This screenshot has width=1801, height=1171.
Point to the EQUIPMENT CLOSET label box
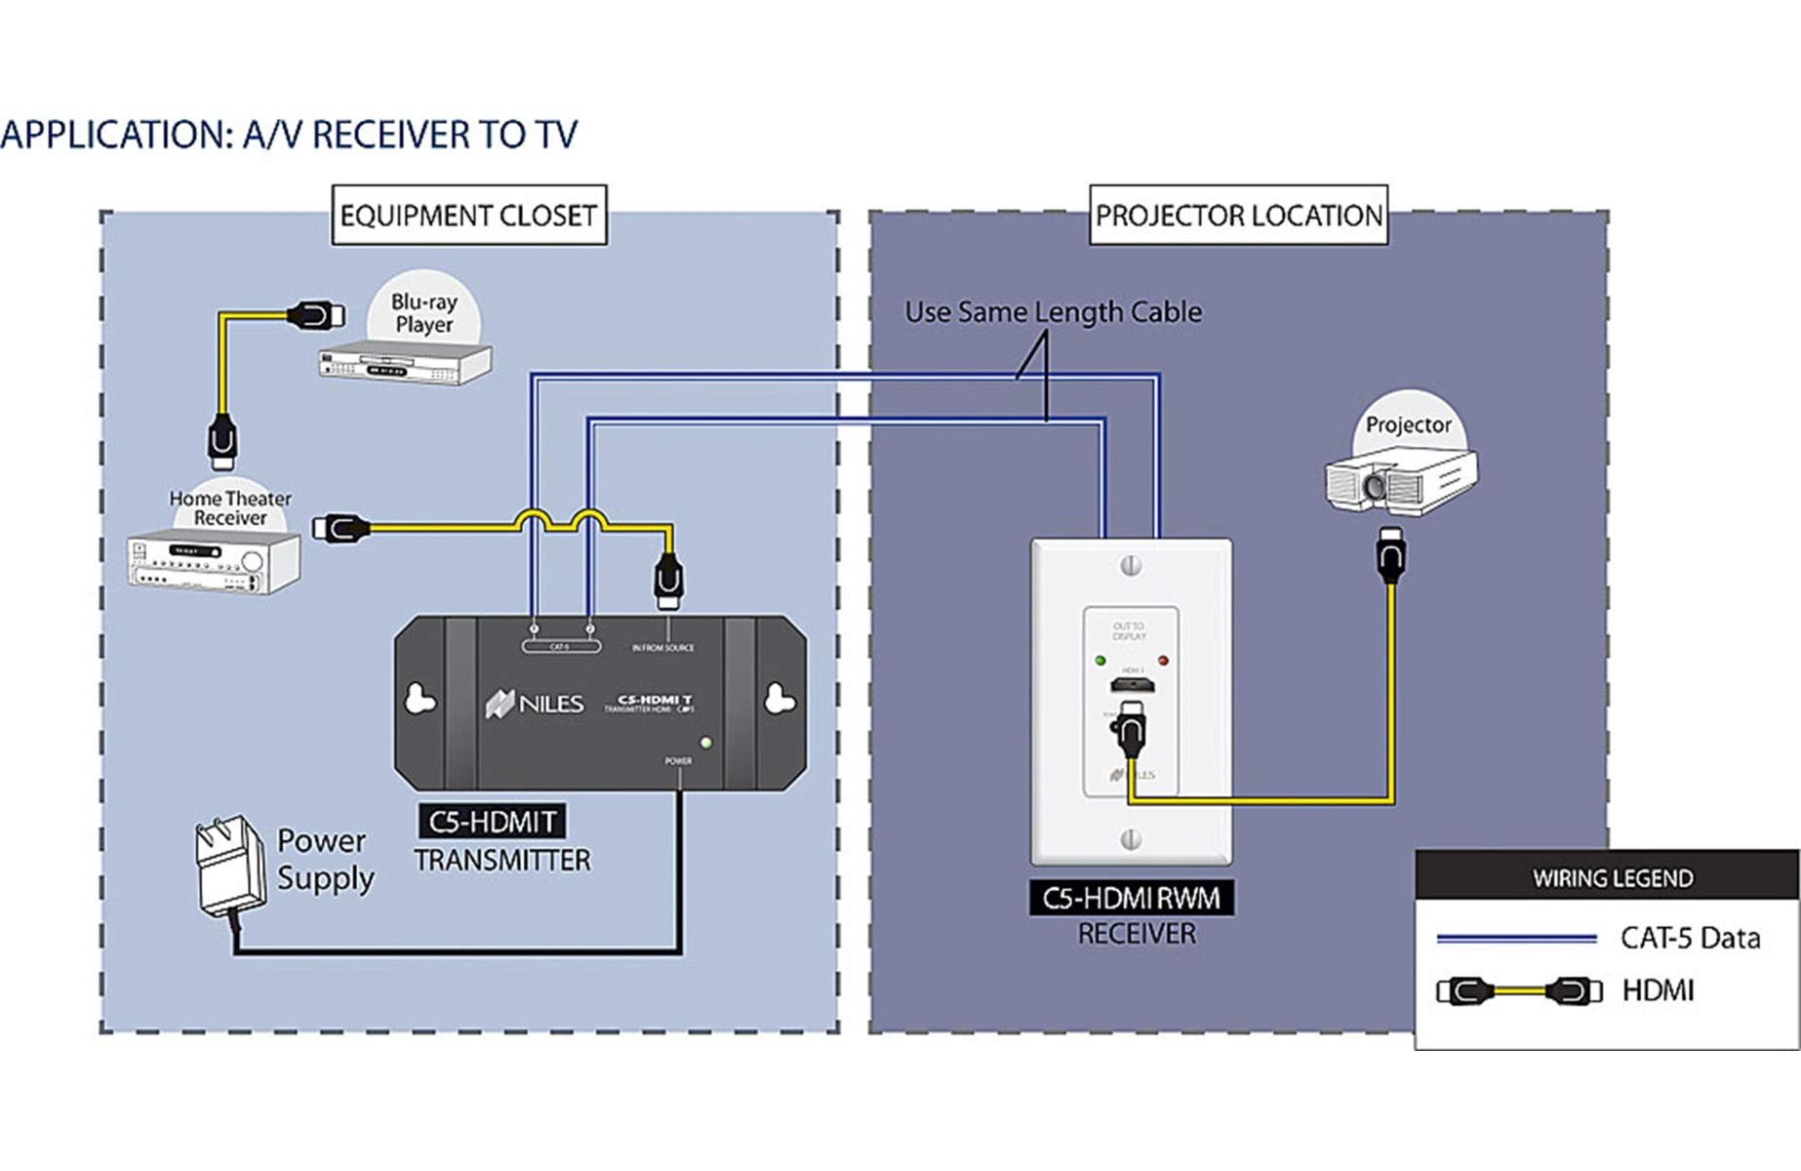pyautogui.click(x=468, y=215)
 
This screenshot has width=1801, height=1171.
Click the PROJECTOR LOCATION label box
pyautogui.click(x=1238, y=215)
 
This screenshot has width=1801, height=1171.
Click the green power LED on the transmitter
pyautogui.click(x=705, y=744)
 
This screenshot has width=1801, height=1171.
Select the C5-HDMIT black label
pyautogui.click(x=492, y=822)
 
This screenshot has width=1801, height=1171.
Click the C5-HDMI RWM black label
pyautogui.click(x=1131, y=898)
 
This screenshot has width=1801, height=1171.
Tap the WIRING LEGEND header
pyautogui.click(x=1612, y=877)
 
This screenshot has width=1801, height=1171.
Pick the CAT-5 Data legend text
pyautogui.click(x=1690, y=938)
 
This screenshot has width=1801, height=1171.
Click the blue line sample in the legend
pyautogui.click(x=1515, y=939)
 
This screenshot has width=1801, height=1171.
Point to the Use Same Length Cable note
pyautogui.click(x=1053, y=312)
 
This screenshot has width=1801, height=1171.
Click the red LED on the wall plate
pyautogui.click(x=1163, y=661)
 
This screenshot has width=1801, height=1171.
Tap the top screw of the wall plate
pyautogui.click(x=1131, y=565)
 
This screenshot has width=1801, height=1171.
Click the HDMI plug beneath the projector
pyautogui.click(x=1390, y=556)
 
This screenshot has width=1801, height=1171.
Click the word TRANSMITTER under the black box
pyautogui.click(x=502, y=860)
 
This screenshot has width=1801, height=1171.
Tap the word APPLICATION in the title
pyautogui.click(x=115, y=135)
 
